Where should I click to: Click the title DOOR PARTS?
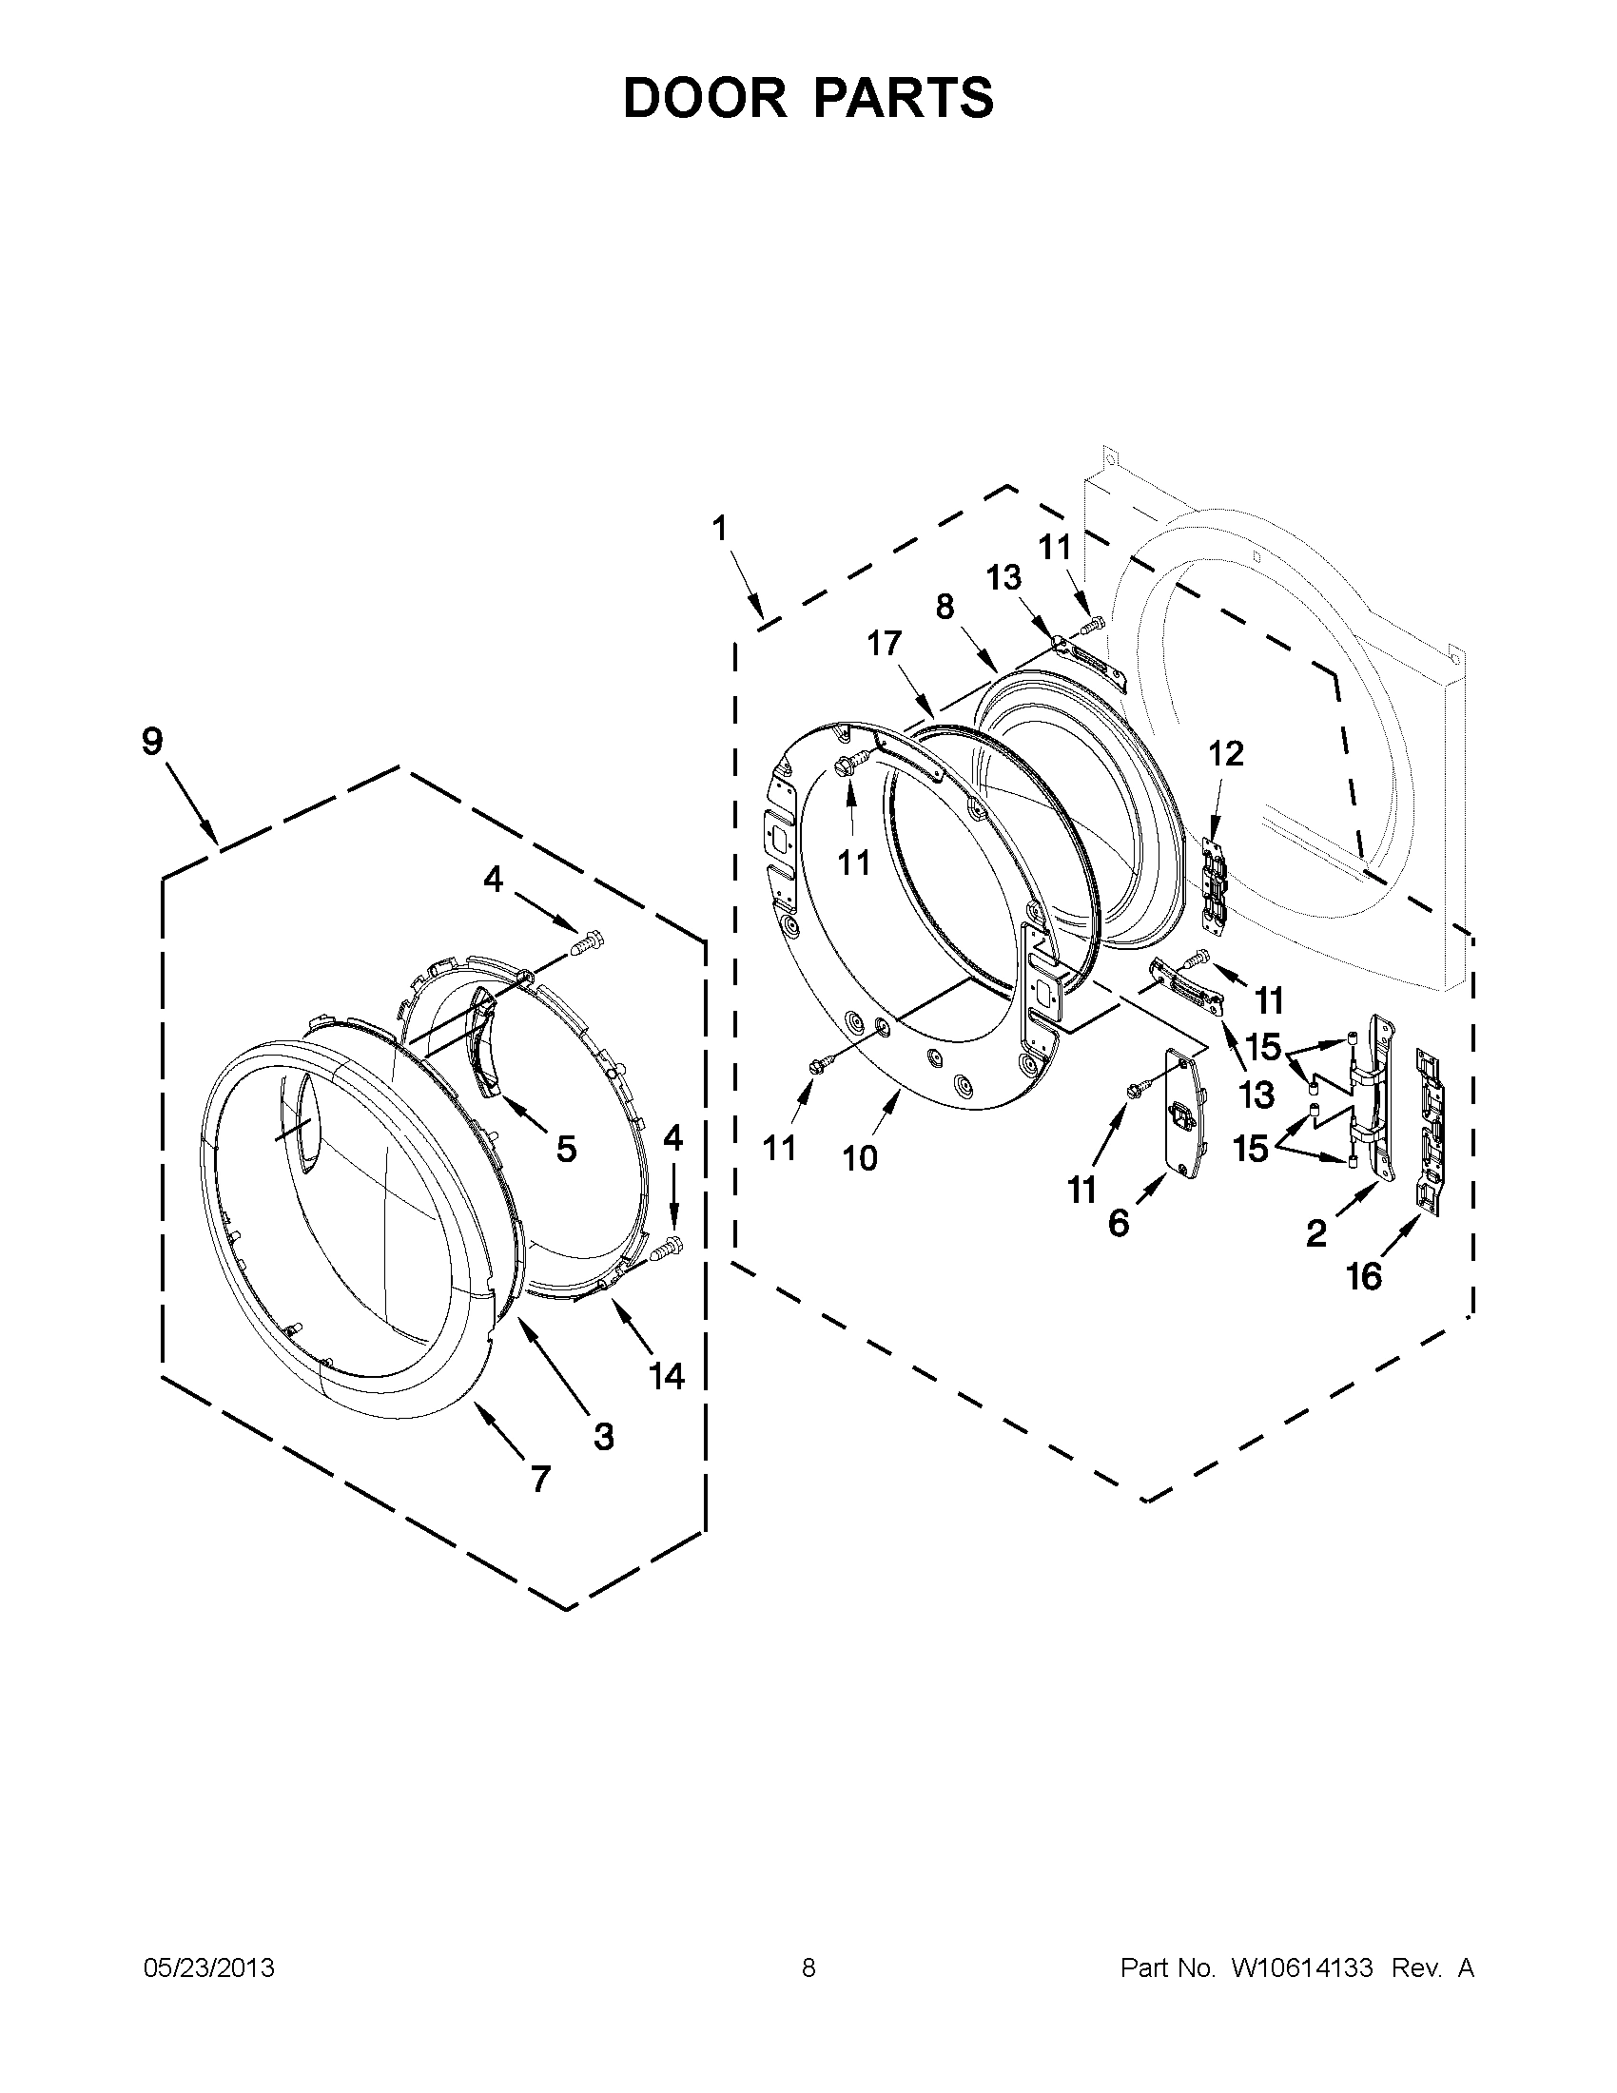(x=808, y=98)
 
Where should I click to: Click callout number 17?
(x=884, y=643)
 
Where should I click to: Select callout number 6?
(x=1119, y=1223)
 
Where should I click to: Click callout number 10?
(x=860, y=1158)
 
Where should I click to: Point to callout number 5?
(x=567, y=1148)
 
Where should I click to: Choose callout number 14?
(x=666, y=1376)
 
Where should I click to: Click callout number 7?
(x=540, y=1479)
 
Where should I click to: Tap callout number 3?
(x=603, y=1436)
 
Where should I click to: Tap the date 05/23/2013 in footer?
(x=209, y=1968)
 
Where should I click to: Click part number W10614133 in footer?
(x=1301, y=1968)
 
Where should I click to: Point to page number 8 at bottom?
(x=808, y=1968)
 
